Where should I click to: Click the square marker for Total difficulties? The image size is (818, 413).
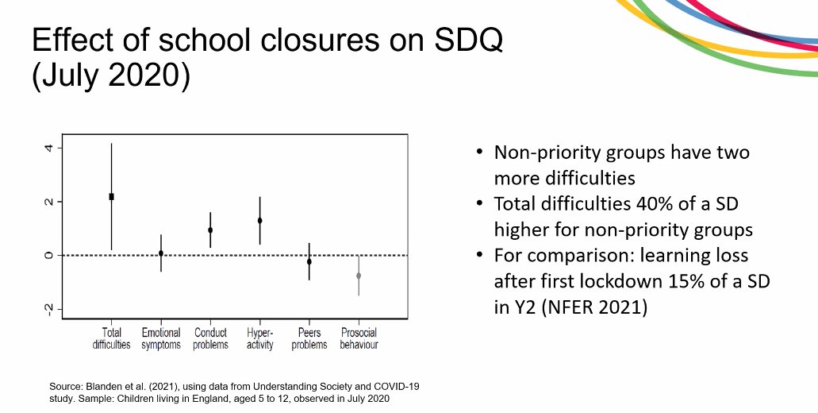[111, 196]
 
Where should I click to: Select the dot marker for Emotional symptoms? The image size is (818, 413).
[161, 253]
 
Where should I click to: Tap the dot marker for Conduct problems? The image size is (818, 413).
[210, 230]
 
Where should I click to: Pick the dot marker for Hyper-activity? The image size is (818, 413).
[259, 220]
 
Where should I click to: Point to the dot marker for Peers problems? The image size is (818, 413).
[309, 261]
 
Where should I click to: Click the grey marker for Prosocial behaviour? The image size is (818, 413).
[359, 276]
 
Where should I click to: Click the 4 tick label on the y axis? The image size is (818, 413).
[49, 149]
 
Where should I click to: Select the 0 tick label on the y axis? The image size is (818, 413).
[49, 255]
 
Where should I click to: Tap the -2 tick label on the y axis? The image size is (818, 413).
[49, 308]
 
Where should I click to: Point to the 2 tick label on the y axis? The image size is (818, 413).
[49, 202]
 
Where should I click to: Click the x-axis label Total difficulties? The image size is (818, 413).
[112, 338]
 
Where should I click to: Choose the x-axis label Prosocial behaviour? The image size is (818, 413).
[359, 338]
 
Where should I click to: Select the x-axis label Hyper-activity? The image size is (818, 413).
[259, 338]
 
